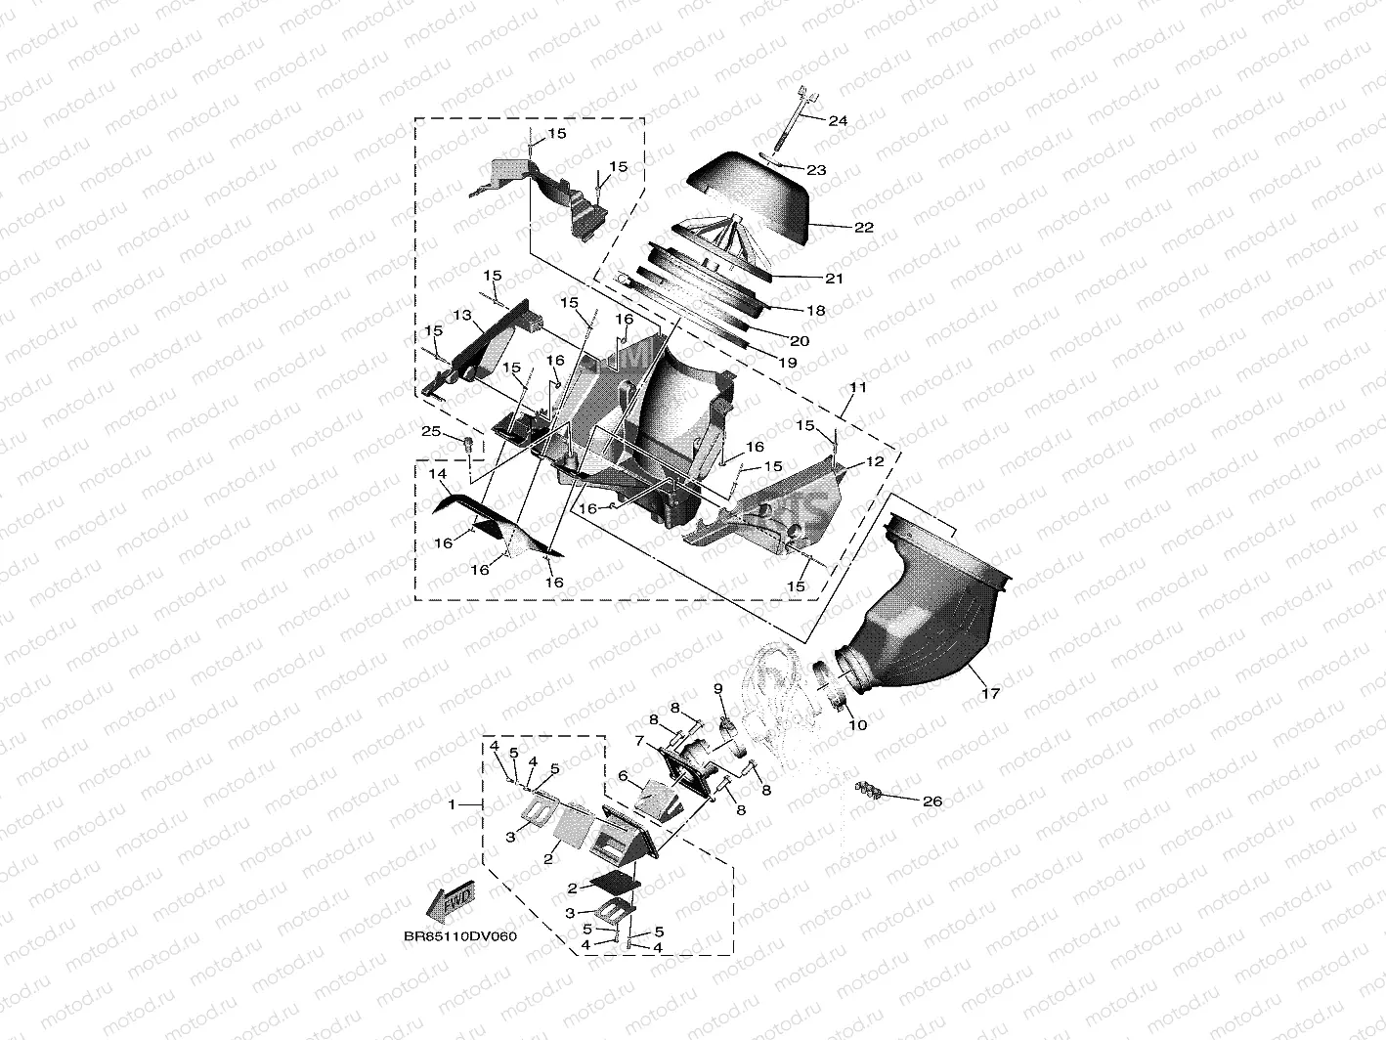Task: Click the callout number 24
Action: (x=838, y=120)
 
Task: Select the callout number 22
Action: (x=864, y=228)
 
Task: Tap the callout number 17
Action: (x=991, y=693)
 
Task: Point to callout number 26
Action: (x=932, y=802)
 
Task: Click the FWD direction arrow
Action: (x=451, y=900)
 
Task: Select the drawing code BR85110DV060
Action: (x=460, y=935)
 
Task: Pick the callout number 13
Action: (x=462, y=315)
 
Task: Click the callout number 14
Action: (x=438, y=474)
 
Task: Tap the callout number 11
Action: (x=858, y=387)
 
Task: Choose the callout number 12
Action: (x=875, y=462)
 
